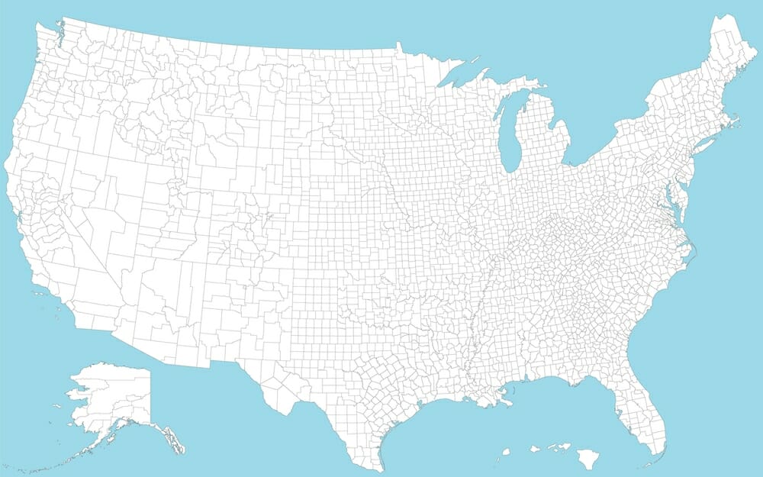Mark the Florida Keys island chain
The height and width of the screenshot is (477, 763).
pos(645,465)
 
